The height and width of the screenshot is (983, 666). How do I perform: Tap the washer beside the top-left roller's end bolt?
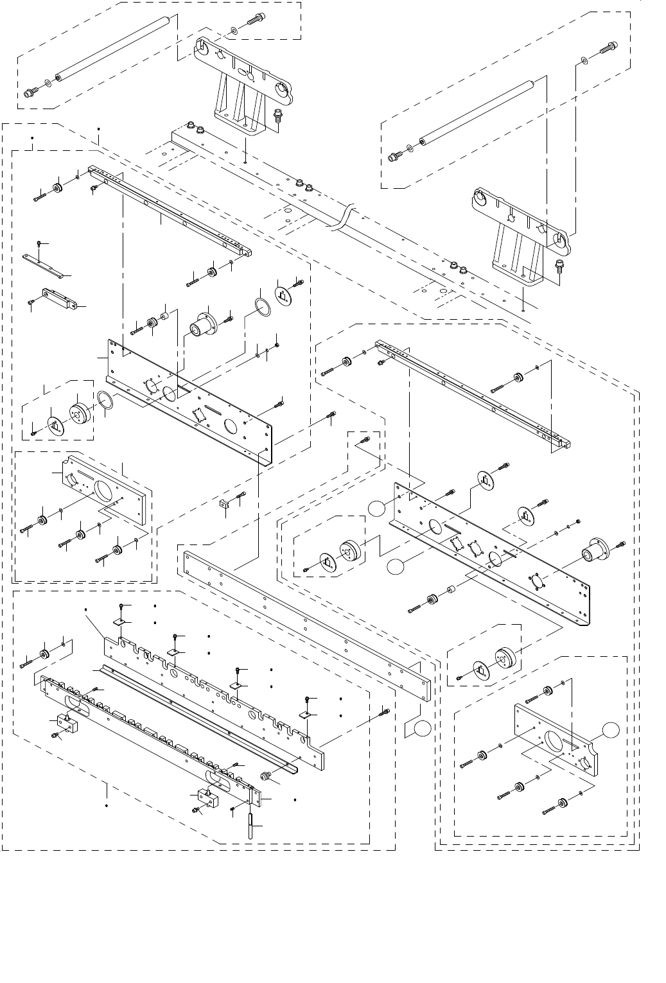[48, 84]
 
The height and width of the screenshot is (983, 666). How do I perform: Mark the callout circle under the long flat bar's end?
[422, 728]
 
